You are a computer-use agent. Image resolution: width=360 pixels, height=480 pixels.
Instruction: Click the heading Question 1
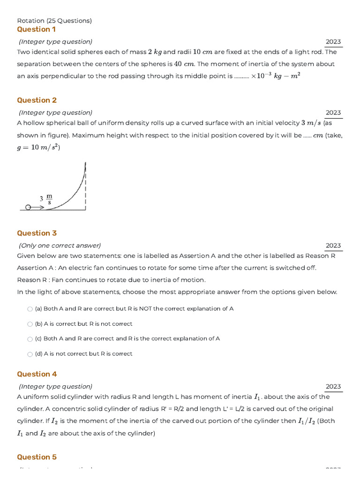pos(36,29)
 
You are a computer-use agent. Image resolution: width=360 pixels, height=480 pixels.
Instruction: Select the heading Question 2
pos(37,100)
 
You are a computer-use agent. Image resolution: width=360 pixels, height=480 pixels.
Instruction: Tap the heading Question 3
pos(37,233)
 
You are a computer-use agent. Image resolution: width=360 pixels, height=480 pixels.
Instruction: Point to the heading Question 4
pos(37,374)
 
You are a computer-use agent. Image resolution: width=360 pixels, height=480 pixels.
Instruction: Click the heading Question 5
pos(37,457)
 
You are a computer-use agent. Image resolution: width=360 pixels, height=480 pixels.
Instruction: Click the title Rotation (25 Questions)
pos(54,21)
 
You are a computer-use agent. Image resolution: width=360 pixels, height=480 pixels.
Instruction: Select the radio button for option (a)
pos(30,309)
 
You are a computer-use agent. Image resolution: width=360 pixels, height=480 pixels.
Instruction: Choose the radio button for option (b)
pos(30,324)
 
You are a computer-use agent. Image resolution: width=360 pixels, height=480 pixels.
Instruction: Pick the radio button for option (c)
pos(30,339)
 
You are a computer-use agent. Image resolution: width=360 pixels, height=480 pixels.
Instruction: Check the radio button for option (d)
pos(30,354)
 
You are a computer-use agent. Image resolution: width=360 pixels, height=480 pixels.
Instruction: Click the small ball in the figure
pos(28,207)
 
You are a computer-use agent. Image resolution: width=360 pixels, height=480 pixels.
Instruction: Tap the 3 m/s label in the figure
pos(46,199)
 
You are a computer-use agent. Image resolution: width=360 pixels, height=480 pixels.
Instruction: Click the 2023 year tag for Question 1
pos(333,42)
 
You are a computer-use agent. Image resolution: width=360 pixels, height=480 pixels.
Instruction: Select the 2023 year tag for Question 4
pos(333,386)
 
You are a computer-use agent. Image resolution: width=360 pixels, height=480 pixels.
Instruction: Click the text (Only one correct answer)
pos(60,245)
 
